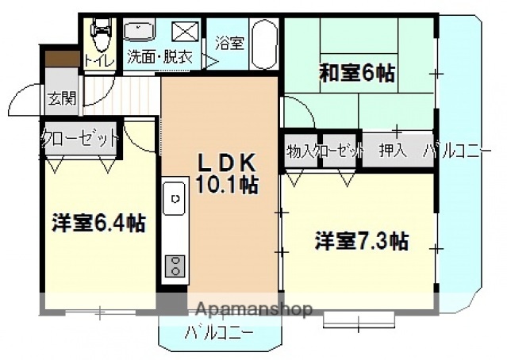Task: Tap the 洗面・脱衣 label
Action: click(x=160, y=57)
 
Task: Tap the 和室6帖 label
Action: click(x=356, y=73)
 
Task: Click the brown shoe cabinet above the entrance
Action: click(x=60, y=59)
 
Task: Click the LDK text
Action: click(x=227, y=163)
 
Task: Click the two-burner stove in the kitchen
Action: click(x=174, y=264)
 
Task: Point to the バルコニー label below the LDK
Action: click(x=219, y=332)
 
